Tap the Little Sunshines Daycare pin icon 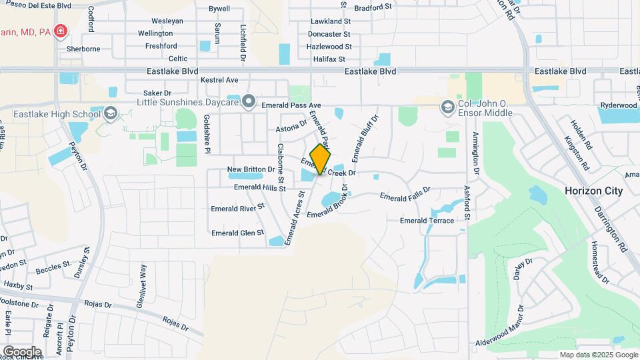tap(249, 101)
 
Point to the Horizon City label tap(593, 191)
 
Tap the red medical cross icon tap(61, 31)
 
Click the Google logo tap(22, 351)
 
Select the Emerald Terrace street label tap(427, 221)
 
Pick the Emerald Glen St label tap(237, 233)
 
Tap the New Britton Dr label tap(251, 169)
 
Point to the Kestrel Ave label tap(219, 80)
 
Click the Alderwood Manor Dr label tap(516, 341)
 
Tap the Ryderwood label tap(619, 105)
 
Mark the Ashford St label tap(467, 202)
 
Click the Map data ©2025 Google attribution tap(597, 355)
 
